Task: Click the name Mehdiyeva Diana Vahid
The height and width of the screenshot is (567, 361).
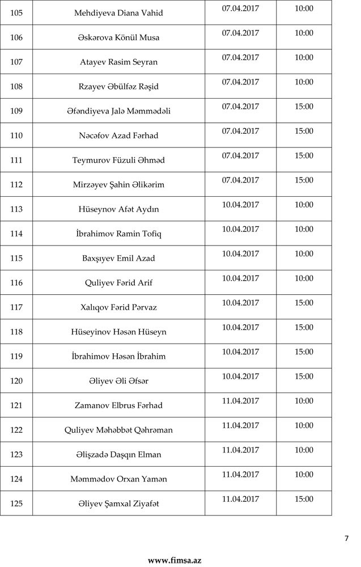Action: (x=118, y=13)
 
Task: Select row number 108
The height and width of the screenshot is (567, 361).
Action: (x=16, y=87)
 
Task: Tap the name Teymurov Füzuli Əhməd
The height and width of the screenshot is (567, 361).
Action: (x=118, y=160)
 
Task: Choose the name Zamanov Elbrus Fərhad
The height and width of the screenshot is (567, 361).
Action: (x=118, y=405)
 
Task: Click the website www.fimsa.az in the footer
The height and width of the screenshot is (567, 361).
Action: (x=175, y=560)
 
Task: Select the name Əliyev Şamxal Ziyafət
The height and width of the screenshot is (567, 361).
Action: (x=118, y=503)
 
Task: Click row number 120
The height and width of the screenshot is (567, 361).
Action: (x=16, y=381)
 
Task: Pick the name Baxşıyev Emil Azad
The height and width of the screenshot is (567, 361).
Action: (x=118, y=259)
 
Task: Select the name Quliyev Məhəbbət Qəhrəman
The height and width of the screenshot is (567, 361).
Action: (x=118, y=430)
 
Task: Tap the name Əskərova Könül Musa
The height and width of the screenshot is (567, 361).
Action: (x=118, y=37)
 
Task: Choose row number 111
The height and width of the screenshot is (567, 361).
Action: (x=16, y=160)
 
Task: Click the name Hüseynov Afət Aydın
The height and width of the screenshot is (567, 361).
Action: (x=118, y=209)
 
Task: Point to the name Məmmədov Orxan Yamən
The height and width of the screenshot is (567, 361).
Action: (x=118, y=479)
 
